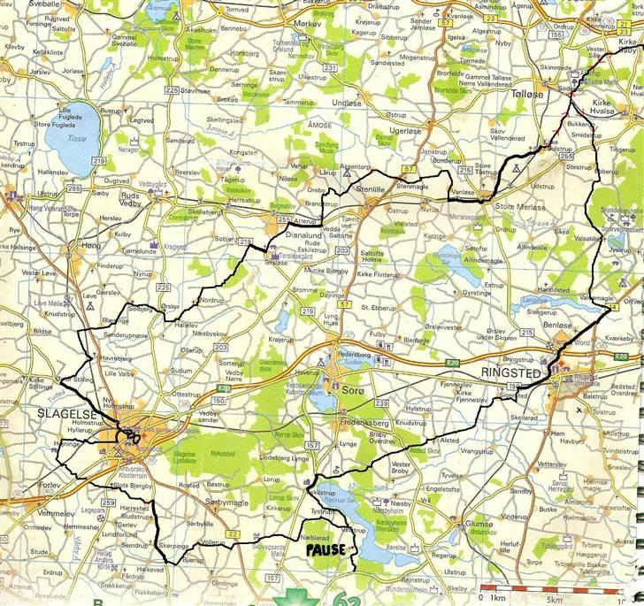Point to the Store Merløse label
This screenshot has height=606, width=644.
(x=517, y=206)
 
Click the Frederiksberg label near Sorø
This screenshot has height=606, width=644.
(x=366, y=424)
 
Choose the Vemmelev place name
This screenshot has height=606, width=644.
(x=57, y=513)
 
